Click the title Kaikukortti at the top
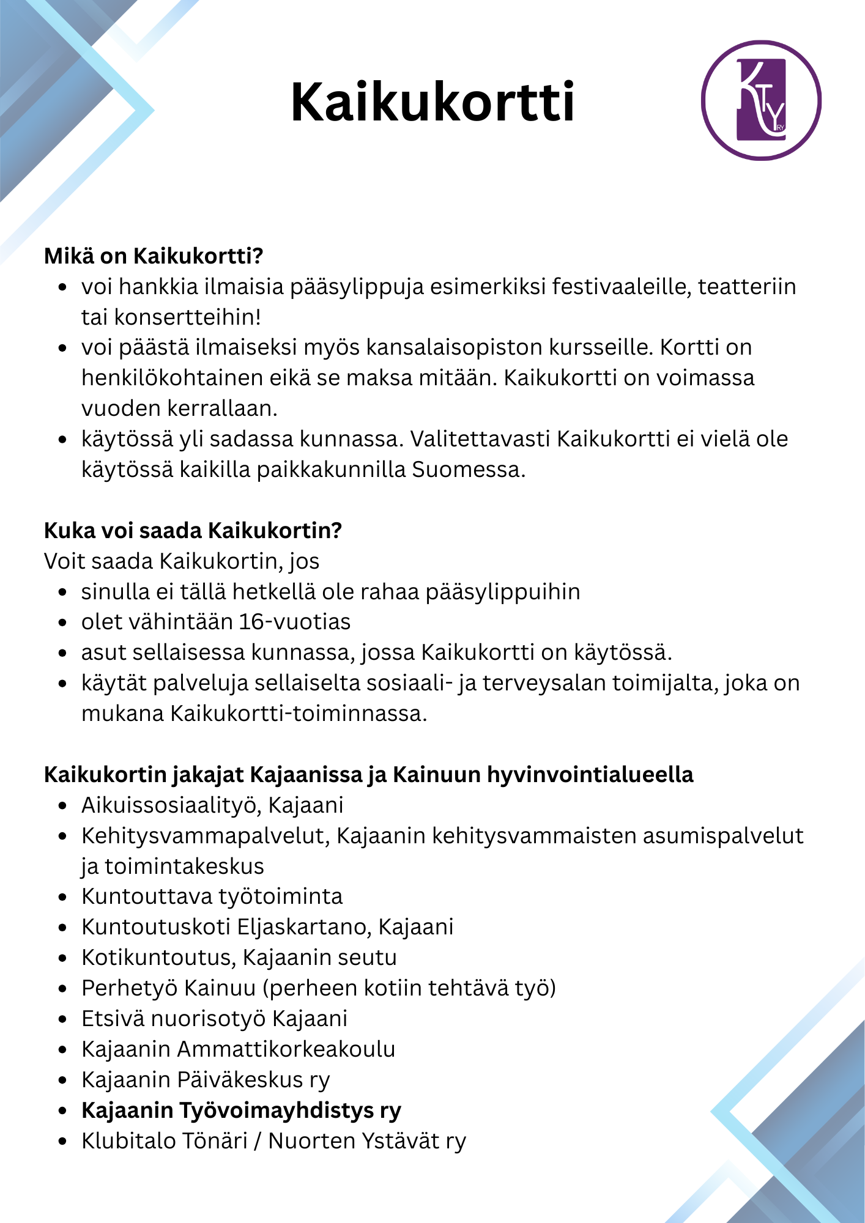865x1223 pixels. (432, 102)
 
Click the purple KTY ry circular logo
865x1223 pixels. (761, 101)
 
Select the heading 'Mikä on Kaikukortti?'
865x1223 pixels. (154, 256)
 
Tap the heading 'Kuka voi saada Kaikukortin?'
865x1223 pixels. (193, 530)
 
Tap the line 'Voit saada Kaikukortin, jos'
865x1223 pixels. (182, 561)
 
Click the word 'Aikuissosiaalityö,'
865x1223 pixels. (172, 805)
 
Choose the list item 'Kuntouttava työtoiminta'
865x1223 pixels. (212, 896)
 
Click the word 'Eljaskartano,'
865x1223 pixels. (304, 927)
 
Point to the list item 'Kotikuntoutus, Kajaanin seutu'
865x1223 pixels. (239, 958)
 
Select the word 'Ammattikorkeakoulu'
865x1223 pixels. (286, 1049)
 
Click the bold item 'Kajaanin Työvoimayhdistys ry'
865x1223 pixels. (242, 1110)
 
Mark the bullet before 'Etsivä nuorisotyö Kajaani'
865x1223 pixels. (62, 1019)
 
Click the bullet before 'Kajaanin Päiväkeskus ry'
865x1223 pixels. (62, 1081)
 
